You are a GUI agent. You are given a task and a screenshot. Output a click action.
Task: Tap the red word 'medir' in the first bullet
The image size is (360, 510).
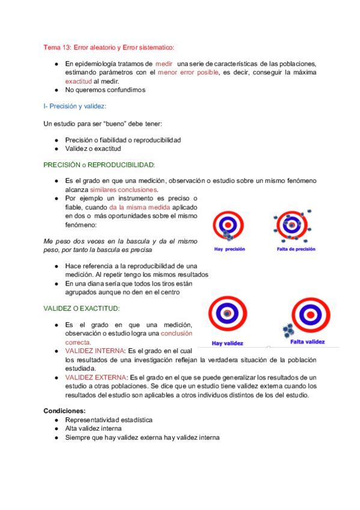click(164, 64)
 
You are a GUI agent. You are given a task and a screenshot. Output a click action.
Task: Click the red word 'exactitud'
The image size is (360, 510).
click(79, 81)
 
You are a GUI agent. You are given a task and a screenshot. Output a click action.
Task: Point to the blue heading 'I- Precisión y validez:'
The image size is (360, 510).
click(75, 106)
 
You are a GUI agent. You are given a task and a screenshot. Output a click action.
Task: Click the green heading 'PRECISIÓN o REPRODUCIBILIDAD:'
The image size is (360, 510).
click(99, 164)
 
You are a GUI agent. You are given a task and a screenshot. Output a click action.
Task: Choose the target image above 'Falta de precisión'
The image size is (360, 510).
click(293, 224)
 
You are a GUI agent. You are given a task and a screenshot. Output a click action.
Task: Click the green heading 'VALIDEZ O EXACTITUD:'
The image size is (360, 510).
click(82, 308)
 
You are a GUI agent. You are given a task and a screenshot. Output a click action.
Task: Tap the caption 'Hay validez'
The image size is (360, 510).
click(227, 344)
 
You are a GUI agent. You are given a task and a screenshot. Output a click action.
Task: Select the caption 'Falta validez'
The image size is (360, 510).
click(308, 341)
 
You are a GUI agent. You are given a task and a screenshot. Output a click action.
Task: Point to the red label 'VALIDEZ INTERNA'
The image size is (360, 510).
click(93, 351)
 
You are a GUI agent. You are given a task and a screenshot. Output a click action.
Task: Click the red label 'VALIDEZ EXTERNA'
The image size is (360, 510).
click(94, 377)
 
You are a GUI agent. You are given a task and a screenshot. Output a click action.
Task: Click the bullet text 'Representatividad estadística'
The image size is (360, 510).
click(109, 420)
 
